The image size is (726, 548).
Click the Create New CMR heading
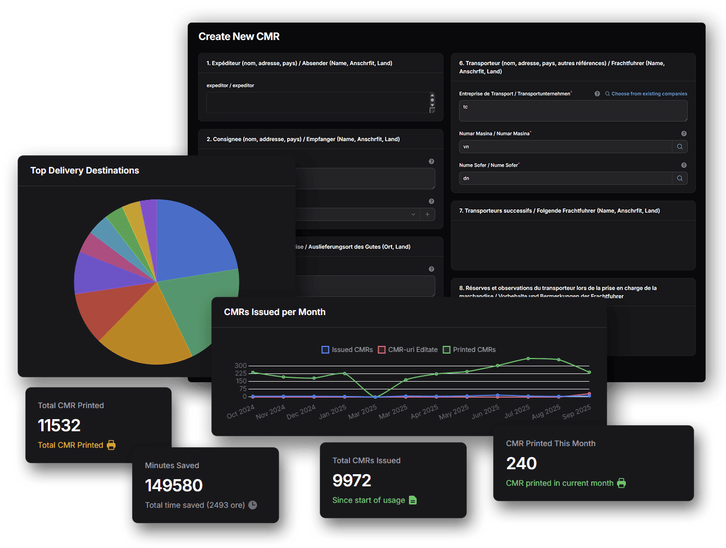[x=239, y=36]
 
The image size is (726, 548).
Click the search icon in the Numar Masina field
[x=680, y=147]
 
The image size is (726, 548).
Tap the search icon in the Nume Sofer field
[x=680, y=178]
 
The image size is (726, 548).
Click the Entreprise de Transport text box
[x=572, y=111]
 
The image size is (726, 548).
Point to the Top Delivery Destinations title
[x=85, y=171]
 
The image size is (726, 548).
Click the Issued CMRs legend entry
[x=347, y=350]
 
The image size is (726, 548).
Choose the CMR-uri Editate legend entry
[x=408, y=350]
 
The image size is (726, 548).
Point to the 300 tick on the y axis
[x=241, y=366]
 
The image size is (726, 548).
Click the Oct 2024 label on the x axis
[x=241, y=411]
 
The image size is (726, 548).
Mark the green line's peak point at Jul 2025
[x=528, y=359]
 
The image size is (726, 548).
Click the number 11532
[x=59, y=425]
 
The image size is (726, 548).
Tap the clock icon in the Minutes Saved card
[x=253, y=505]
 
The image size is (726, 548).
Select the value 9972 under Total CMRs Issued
[x=352, y=480]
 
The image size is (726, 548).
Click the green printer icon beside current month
[x=621, y=483]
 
